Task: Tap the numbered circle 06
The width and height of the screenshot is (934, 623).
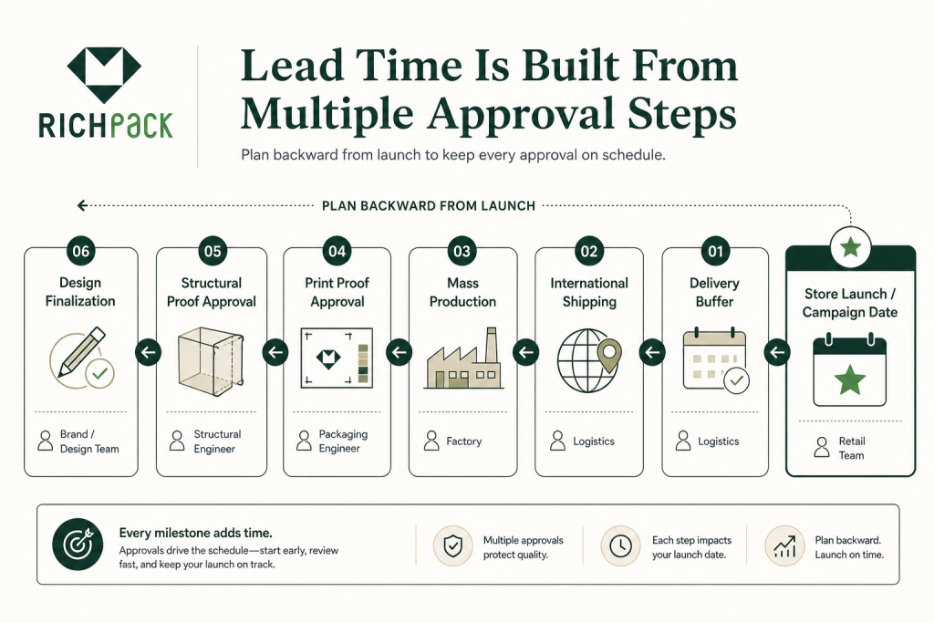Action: (81, 251)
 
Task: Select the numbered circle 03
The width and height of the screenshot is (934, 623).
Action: (462, 251)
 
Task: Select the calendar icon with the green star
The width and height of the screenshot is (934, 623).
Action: (849, 370)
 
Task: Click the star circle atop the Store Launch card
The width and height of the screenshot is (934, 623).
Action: (851, 246)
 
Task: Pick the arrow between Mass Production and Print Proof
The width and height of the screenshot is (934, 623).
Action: (400, 353)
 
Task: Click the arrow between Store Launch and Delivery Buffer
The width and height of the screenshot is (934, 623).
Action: (777, 353)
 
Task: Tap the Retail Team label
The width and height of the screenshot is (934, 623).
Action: (852, 448)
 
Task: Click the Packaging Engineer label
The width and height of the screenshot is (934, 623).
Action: (343, 441)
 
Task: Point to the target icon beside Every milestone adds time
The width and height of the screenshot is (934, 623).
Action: (78, 545)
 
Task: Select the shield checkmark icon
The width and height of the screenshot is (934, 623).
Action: (453, 545)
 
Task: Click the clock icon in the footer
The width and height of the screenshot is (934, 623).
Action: (620, 545)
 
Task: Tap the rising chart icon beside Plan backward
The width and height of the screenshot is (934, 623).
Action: (784, 545)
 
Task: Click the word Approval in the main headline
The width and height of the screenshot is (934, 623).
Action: (521, 113)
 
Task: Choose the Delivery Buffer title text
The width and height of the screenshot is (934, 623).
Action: (714, 292)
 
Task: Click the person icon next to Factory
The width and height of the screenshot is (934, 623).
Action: (431, 441)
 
